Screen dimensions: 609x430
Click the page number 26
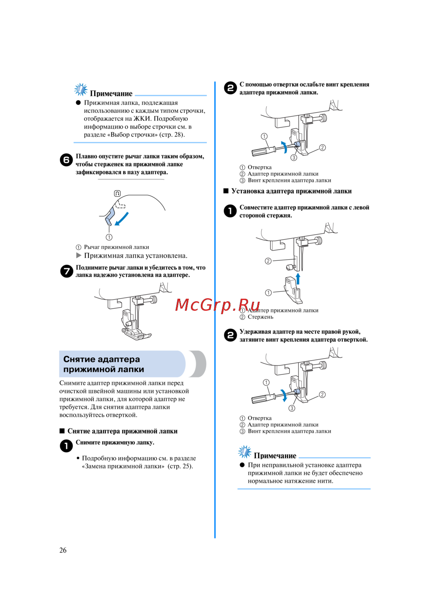pyautogui.click(x=63, y=550)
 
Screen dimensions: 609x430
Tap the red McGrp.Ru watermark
pyautogui.click(x=218, y=305)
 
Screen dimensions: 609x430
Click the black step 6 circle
pyautogui.click(x=66, y=160)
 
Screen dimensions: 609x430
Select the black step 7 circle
pyautogui.click(x=66, y=271)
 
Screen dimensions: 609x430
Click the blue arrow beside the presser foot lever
pyautogui.click(x=122, y=218)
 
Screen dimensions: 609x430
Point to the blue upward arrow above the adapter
pyautogui.click(x=298, y=278)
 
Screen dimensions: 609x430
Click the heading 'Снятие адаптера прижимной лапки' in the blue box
pyautogui.click(x=104, y=364)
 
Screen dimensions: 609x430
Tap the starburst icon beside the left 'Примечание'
pyautogui.click(x=80, y=90)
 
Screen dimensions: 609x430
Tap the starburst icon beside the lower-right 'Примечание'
pyautogui.click(x=245, y=452)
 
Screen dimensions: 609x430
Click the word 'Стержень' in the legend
pyautogui.click(x=260, y=317)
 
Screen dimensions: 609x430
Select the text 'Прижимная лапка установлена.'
pyautogui.click(x=135, y=256)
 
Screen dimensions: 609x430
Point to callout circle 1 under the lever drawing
pyautogui.click(x=109, y=237)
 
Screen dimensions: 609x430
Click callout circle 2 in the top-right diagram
pyautogui.click(x=322, y=148)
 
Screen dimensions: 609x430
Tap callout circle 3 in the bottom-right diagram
pyautogui.click(x=292, y=408)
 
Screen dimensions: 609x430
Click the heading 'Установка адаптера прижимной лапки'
pyautogui.click(x=291, y=191)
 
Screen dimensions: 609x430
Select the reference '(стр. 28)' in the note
pyautogui.click(x=172, y=135)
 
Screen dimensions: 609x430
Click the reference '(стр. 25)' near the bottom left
pyautogui.click(x=180, y=466)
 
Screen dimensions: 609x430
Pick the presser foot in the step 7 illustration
pyautogui.click(x=137, y=333)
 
